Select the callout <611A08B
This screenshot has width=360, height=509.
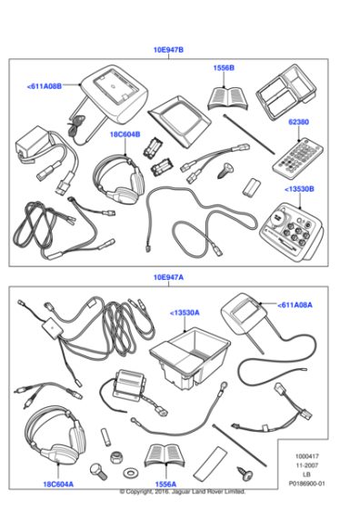point(45,85)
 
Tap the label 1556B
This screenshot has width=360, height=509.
point(224,68)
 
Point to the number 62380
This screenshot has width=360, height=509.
point(299,120)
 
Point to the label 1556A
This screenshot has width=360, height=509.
point(165,484)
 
